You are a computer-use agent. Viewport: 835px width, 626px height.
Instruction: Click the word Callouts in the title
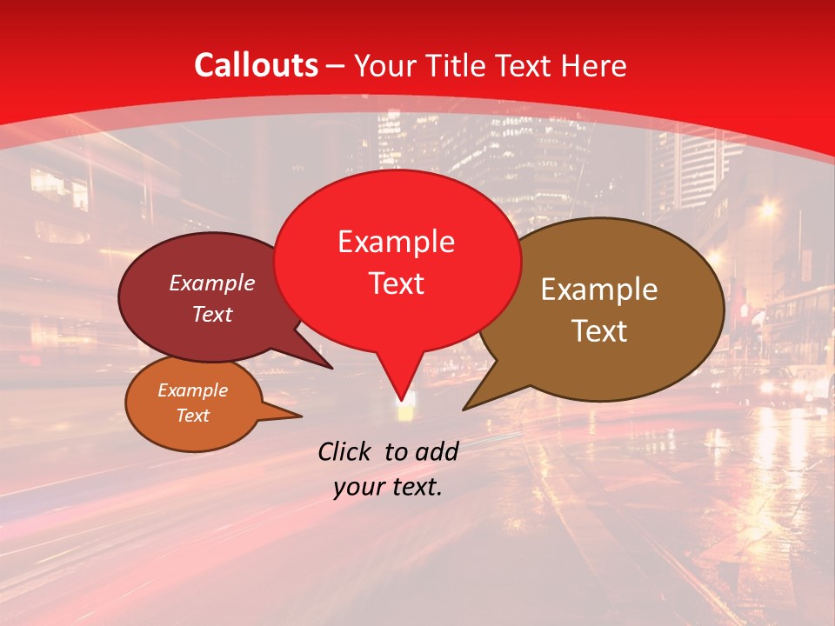coord(256,65)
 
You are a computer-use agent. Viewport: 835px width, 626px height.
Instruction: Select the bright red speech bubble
coord(397,261)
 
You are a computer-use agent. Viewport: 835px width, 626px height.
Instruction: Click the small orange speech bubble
coord(193,403)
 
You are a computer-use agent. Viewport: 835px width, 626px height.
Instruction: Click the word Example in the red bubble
coord(396,242)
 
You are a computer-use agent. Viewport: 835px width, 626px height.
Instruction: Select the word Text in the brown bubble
coord(600,331)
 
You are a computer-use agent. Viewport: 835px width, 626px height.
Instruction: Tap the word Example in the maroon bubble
coord(211,283)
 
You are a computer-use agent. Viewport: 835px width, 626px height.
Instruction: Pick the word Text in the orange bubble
coord(192,416)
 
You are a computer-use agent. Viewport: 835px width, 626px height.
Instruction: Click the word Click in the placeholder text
coord(347,451)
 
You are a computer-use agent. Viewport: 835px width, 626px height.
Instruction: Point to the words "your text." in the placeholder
coord(388,487)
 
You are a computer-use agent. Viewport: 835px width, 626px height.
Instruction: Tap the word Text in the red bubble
coord(397,283)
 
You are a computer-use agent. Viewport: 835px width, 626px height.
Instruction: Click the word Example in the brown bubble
coord(599,290)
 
